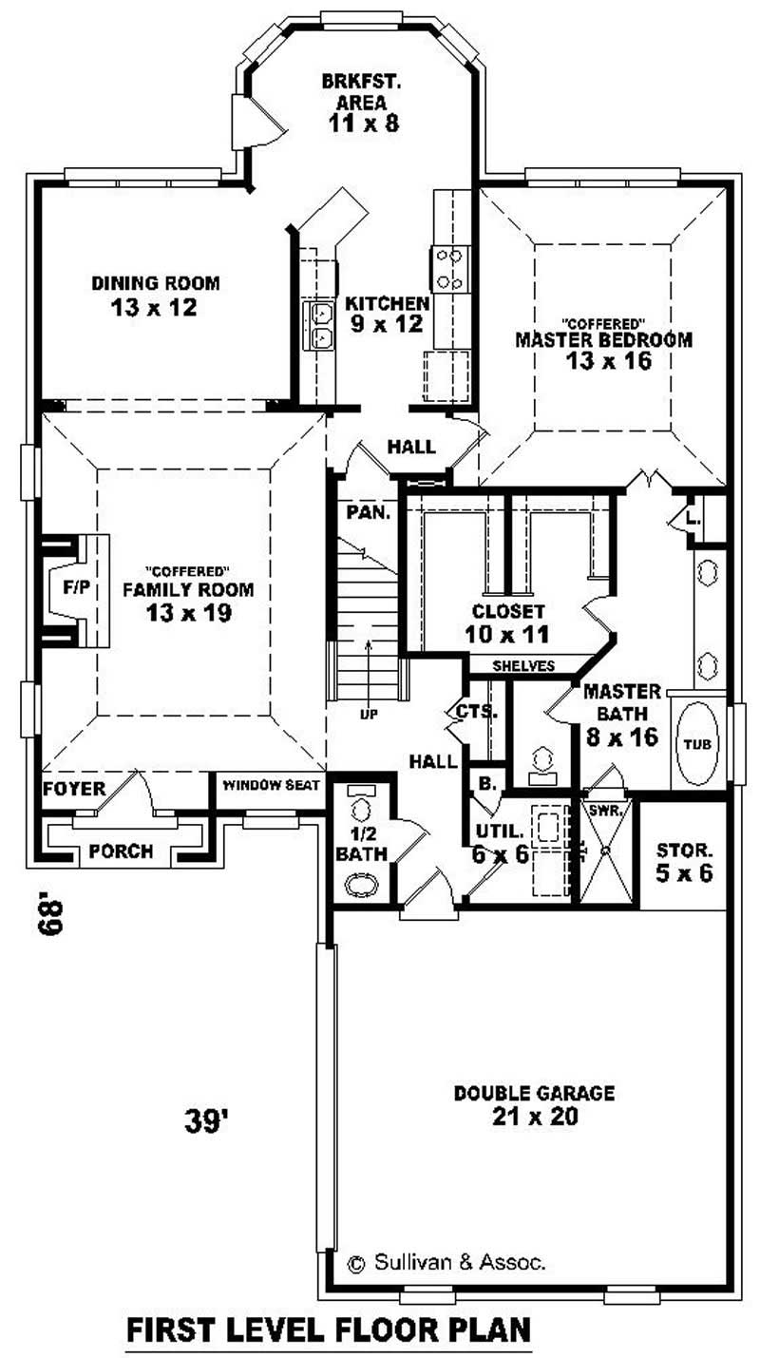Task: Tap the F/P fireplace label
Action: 75,588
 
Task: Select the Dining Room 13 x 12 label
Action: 156,295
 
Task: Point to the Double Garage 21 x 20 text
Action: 534,1104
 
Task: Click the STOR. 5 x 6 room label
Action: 684,860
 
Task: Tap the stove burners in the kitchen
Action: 448,269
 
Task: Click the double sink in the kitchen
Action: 320,325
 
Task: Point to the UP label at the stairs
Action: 368,715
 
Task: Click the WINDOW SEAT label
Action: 271,785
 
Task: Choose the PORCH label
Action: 122,851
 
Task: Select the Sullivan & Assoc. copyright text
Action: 446,1263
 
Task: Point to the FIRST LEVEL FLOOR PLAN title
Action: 328,1328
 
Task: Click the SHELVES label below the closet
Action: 523,666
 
